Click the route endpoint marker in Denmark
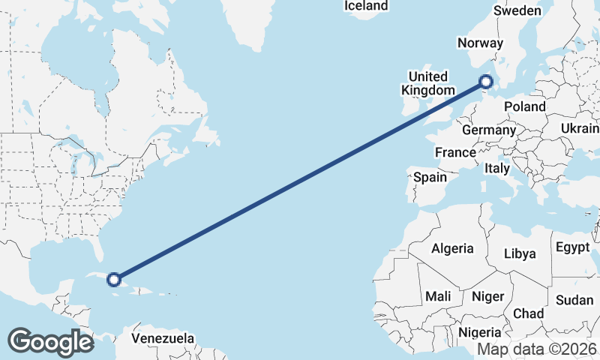[486, 82]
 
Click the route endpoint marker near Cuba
[113, 280]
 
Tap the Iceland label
[366, 6]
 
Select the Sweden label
[517, 10]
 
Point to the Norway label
[480, 43]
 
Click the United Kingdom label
[428, 83]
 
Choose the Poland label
[525, 106]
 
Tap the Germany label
[488, 130]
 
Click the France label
[455, 152]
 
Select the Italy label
[497, 168]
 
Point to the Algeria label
[453, 248]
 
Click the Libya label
[520, 253]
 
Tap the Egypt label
[574, 247]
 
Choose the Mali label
[437, 296]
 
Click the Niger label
[487, 296]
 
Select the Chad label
[529, 313]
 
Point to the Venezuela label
[163, 338]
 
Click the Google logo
[50, 342]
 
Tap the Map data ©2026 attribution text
[536, 349]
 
